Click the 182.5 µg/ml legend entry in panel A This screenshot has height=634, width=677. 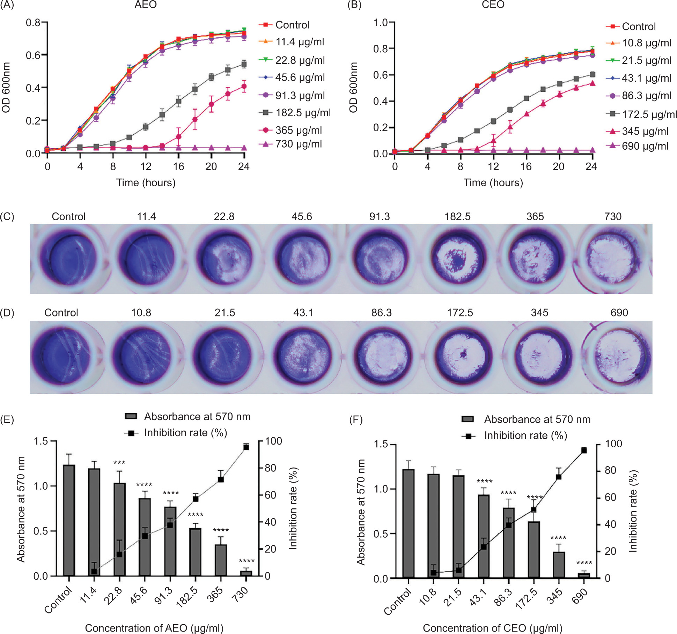tap(302, 113)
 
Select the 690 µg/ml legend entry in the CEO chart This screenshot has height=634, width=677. tap(645, 146)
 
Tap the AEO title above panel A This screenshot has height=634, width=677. tap(146, 5)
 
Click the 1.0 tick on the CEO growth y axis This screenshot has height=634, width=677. tap(381, 23)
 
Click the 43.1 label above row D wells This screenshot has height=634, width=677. tap(303, 313)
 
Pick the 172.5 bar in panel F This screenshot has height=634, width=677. tap(533, 550)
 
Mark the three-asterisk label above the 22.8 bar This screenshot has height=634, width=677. tap(119, 463)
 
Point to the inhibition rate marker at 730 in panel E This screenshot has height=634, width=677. tap(246, 447)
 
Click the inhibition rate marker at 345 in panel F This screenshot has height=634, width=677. tap(558, 477)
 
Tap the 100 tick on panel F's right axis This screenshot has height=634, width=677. tap(613, 444)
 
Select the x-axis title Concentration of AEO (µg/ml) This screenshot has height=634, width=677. tap(154, 628)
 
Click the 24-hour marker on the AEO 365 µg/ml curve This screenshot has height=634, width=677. tap(244, 86)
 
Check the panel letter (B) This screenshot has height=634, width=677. tap(355, 5)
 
